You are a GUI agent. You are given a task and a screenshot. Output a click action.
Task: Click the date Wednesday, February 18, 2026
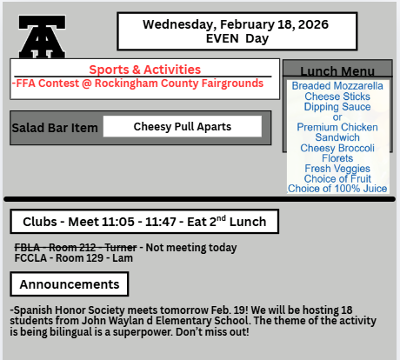pos(236,24)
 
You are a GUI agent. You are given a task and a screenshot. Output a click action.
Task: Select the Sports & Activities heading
pos(144,70)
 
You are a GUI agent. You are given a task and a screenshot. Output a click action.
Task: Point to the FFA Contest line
pos(137,83)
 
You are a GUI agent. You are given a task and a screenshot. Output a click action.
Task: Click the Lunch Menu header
pos(337,71)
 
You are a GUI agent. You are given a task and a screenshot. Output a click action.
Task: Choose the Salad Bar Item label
pos(55,128)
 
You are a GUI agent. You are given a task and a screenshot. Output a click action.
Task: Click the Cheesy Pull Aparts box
pos(182,127)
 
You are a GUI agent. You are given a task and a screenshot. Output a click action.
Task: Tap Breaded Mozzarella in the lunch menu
pos(337,86)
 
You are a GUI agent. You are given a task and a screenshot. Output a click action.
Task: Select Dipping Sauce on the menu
pos(337,107)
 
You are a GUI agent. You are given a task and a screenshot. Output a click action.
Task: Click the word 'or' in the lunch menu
pos(337,117)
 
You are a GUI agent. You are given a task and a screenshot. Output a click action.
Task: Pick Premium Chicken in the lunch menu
pos(337,128)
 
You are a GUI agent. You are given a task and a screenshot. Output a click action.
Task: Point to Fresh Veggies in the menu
pos(337,169)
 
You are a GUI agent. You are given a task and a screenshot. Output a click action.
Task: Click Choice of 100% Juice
pos(337,189)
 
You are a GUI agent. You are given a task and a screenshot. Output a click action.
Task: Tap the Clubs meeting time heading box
pos(143,222)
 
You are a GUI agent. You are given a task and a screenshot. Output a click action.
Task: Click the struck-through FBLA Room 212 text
pos(76,248)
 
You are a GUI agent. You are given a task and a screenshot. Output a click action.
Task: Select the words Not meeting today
pos(190,248)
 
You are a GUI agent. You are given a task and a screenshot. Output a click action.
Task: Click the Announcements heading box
pos(70,284)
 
